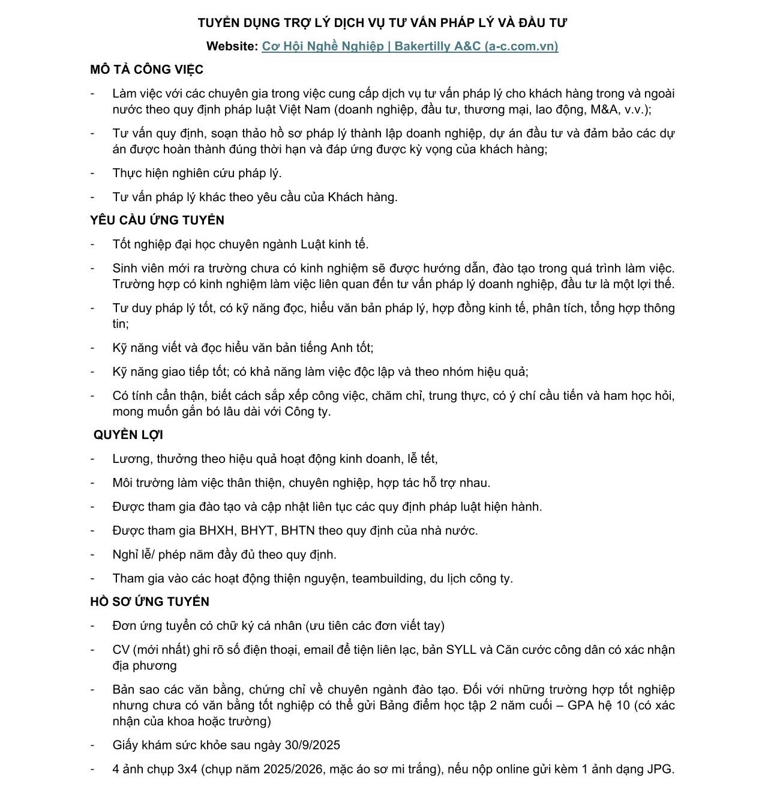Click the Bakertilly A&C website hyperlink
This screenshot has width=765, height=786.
pos(410,46)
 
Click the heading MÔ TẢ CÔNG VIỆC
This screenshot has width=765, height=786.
pos(146,70)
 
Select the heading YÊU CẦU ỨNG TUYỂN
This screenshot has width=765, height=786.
pos(157,220)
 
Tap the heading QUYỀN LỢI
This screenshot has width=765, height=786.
pos(128,435)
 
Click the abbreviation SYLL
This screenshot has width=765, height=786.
pos(461,650)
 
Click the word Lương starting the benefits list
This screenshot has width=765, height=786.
pos(131,459)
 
